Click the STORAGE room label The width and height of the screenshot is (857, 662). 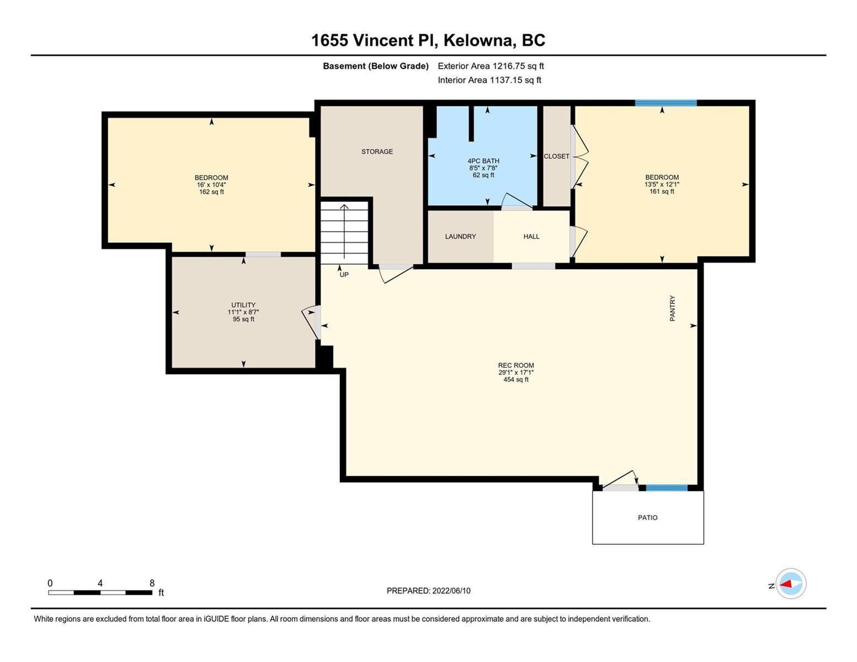[x=377, y=151]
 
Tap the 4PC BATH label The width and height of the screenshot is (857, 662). [x=483, y=161]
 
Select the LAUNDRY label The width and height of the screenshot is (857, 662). [x=460, y=237]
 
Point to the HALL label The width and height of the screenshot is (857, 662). [x=531, y=237]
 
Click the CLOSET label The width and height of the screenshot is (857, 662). [x=556, y=156]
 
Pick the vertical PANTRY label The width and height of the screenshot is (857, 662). [x=673, y=308]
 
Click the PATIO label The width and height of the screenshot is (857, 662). [x=648, y=517]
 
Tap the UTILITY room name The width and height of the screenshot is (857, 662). [x=243, y=305]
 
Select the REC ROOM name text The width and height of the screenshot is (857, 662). [x=516, y=366]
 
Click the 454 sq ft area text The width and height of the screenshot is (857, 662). [x=516, y=380]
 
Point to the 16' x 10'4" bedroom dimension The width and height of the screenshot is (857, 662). [x=211, y=185]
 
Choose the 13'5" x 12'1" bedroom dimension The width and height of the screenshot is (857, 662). [x=662, y=184]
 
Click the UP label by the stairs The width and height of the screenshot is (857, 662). [x=344, y=275]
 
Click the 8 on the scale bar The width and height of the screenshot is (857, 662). [x=152, y=583]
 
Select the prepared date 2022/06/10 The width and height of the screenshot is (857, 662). [x=451, y=591]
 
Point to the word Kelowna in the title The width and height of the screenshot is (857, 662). [x=480, y=41]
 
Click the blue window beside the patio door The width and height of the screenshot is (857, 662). [x=667, y=488]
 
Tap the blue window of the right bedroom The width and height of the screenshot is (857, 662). [x=666, y=103]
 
